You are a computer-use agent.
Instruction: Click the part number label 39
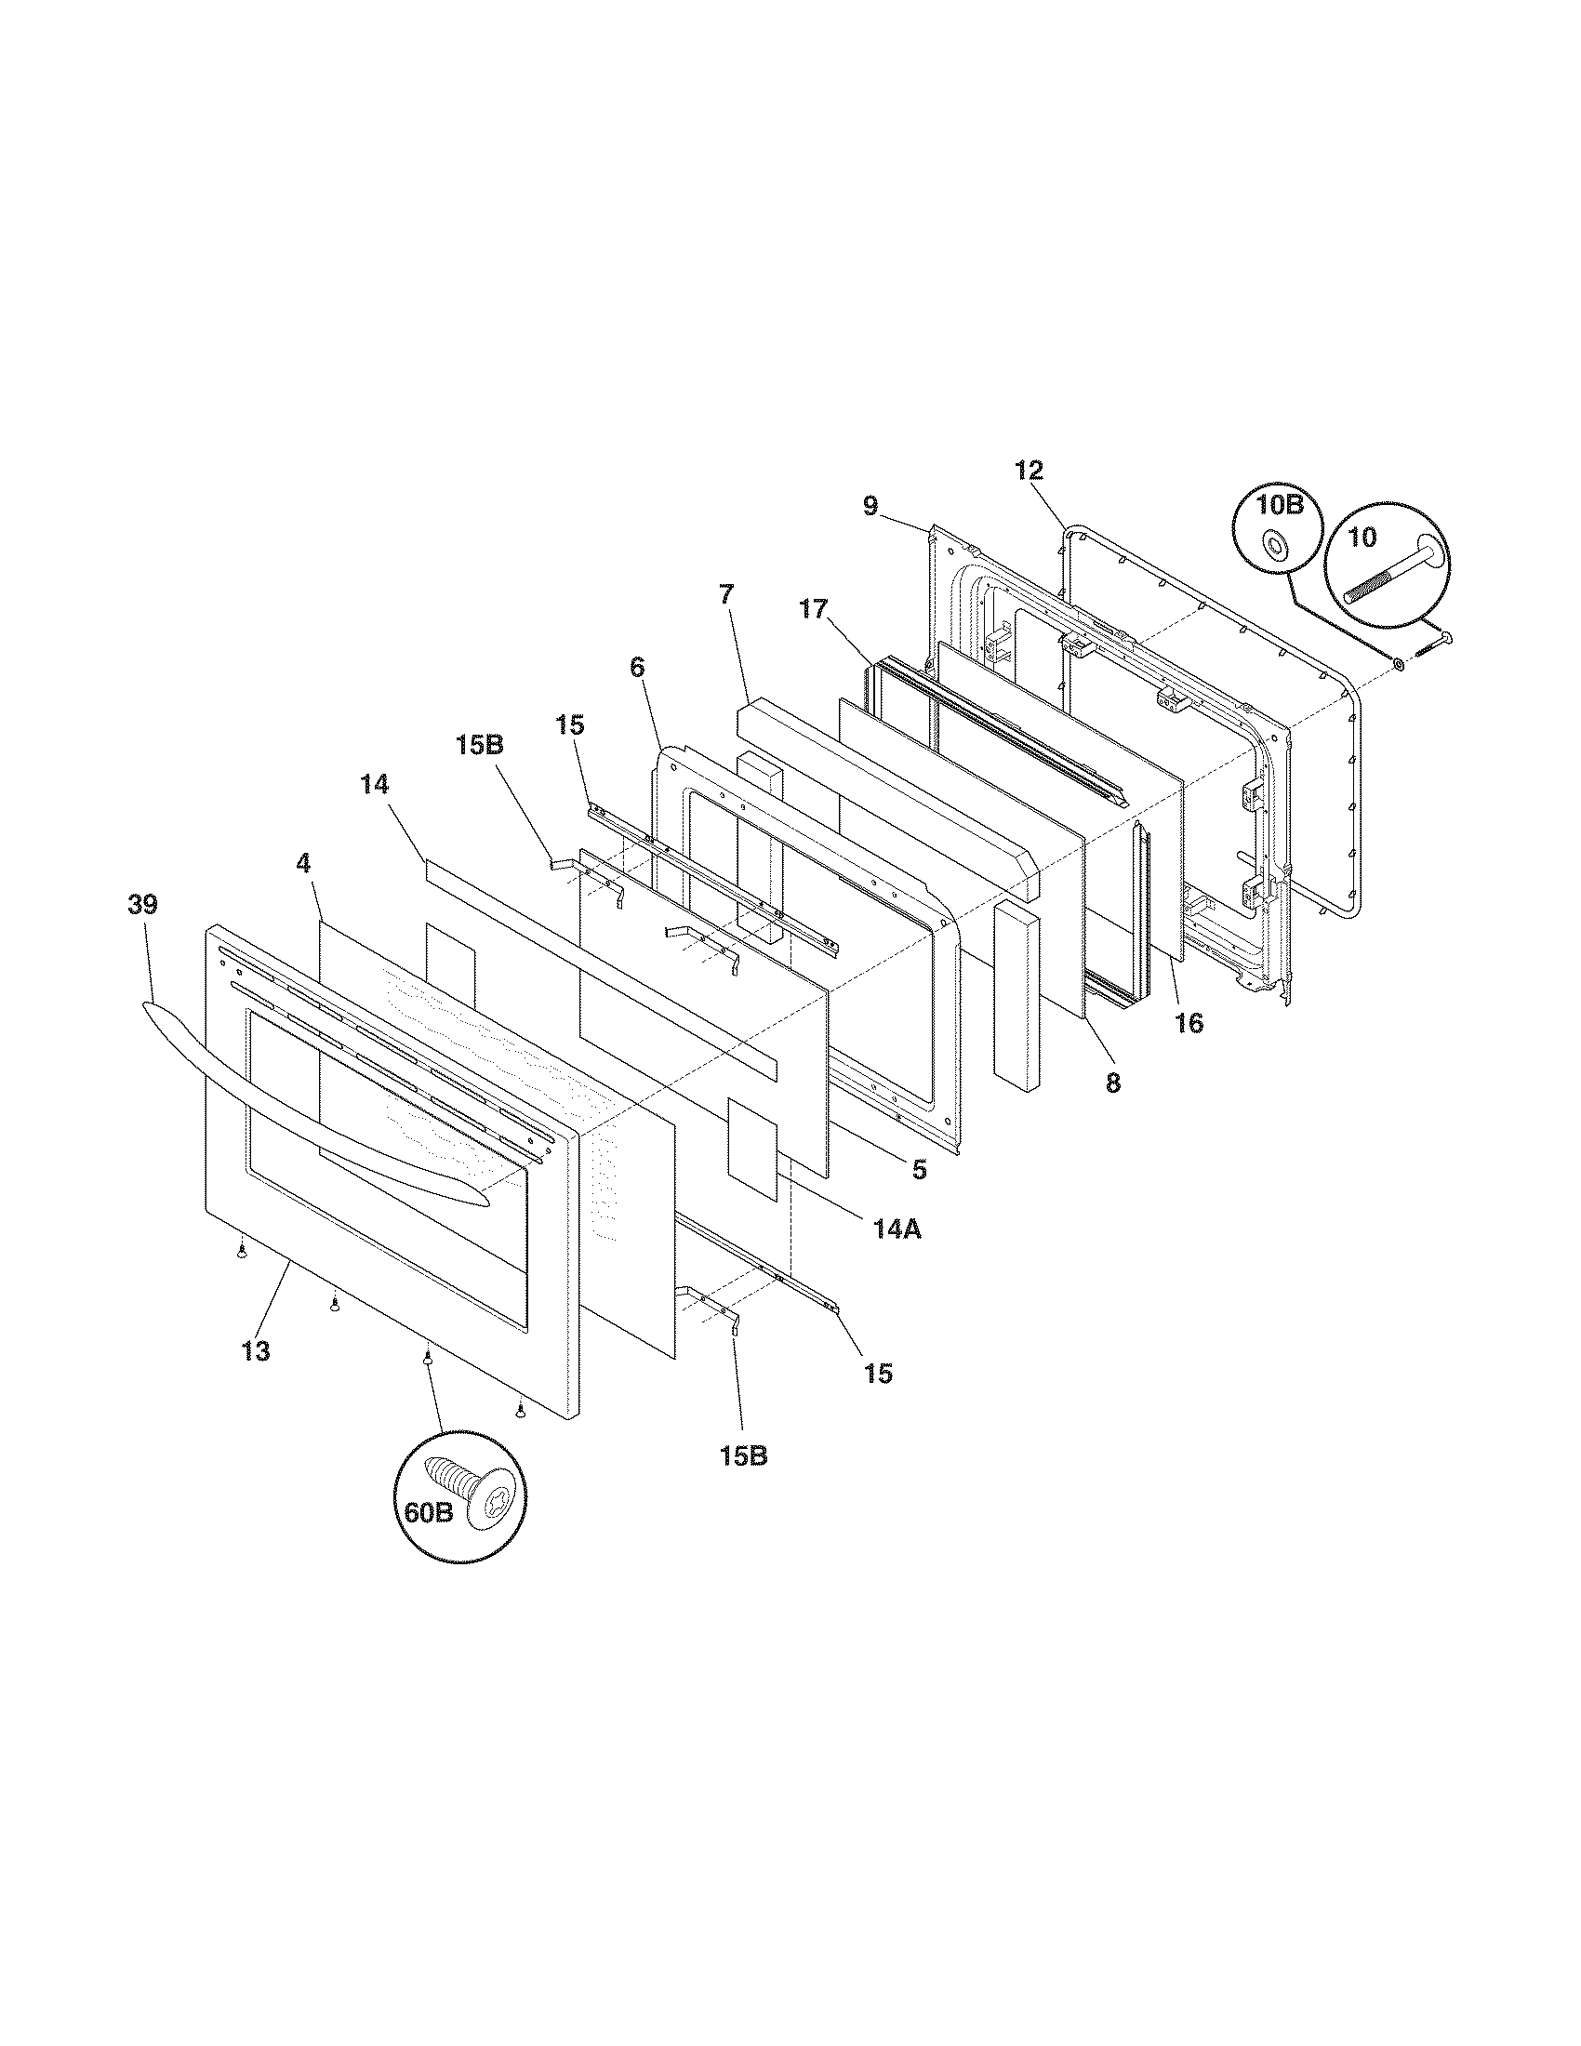[x=144, y=905]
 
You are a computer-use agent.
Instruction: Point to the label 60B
[x=428, y=1513]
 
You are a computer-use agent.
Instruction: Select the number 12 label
[x=1029, y=471]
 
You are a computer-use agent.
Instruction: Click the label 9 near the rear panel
[x=870, y=507]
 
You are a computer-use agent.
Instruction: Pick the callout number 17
[x=814, y=610]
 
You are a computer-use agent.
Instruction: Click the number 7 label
[x=727, y=593]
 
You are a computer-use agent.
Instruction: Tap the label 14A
[x=897, y=1229]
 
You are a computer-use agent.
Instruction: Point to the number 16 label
[x=1189, y=1024]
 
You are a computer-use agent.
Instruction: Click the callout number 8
[x=1111, y=1083]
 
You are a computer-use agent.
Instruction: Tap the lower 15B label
[x=744, y=1456]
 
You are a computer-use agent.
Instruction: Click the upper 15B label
[x=481, y=746]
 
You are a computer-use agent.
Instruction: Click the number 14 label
[x=374, y=783]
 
